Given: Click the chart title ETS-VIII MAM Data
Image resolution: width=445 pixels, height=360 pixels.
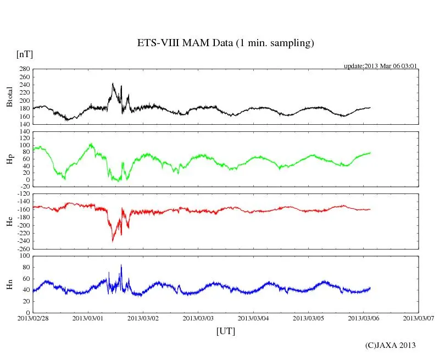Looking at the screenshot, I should [225, 43].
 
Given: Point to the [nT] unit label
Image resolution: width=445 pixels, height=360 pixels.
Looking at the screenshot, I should [25, 54].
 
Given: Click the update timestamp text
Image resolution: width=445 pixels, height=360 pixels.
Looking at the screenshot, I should [381, 66].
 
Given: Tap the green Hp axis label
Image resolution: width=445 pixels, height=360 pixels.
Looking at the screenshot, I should [9, 159].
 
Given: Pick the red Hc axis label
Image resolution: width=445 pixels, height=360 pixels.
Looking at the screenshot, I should [9, 221].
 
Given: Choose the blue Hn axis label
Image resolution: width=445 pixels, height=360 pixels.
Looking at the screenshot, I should [9, 284].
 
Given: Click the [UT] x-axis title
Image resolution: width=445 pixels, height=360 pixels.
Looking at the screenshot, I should [225, 331].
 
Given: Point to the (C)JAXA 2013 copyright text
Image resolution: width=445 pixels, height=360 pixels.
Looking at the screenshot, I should [390, 345].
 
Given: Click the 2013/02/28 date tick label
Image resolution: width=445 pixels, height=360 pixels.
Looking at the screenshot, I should [33, 318].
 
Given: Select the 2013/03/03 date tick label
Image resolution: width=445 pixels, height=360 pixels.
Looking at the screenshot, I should [198, 318].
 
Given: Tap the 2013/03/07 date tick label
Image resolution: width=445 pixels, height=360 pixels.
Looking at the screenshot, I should [418, 318].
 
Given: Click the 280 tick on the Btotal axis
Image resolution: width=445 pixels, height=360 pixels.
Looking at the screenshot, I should [23, 69].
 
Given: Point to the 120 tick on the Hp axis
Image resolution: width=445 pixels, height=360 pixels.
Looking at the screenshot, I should [23, 132].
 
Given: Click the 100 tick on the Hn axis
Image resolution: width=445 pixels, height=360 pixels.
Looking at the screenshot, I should [23, 256].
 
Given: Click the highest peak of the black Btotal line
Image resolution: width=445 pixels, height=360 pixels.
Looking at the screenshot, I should [112, 84].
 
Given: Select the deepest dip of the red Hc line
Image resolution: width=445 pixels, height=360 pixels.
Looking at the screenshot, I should [113, 241].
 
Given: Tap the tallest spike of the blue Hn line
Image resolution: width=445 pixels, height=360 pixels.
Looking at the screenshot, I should [121, 265].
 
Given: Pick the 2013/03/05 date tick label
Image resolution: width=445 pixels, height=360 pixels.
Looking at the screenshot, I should [308, 318].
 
